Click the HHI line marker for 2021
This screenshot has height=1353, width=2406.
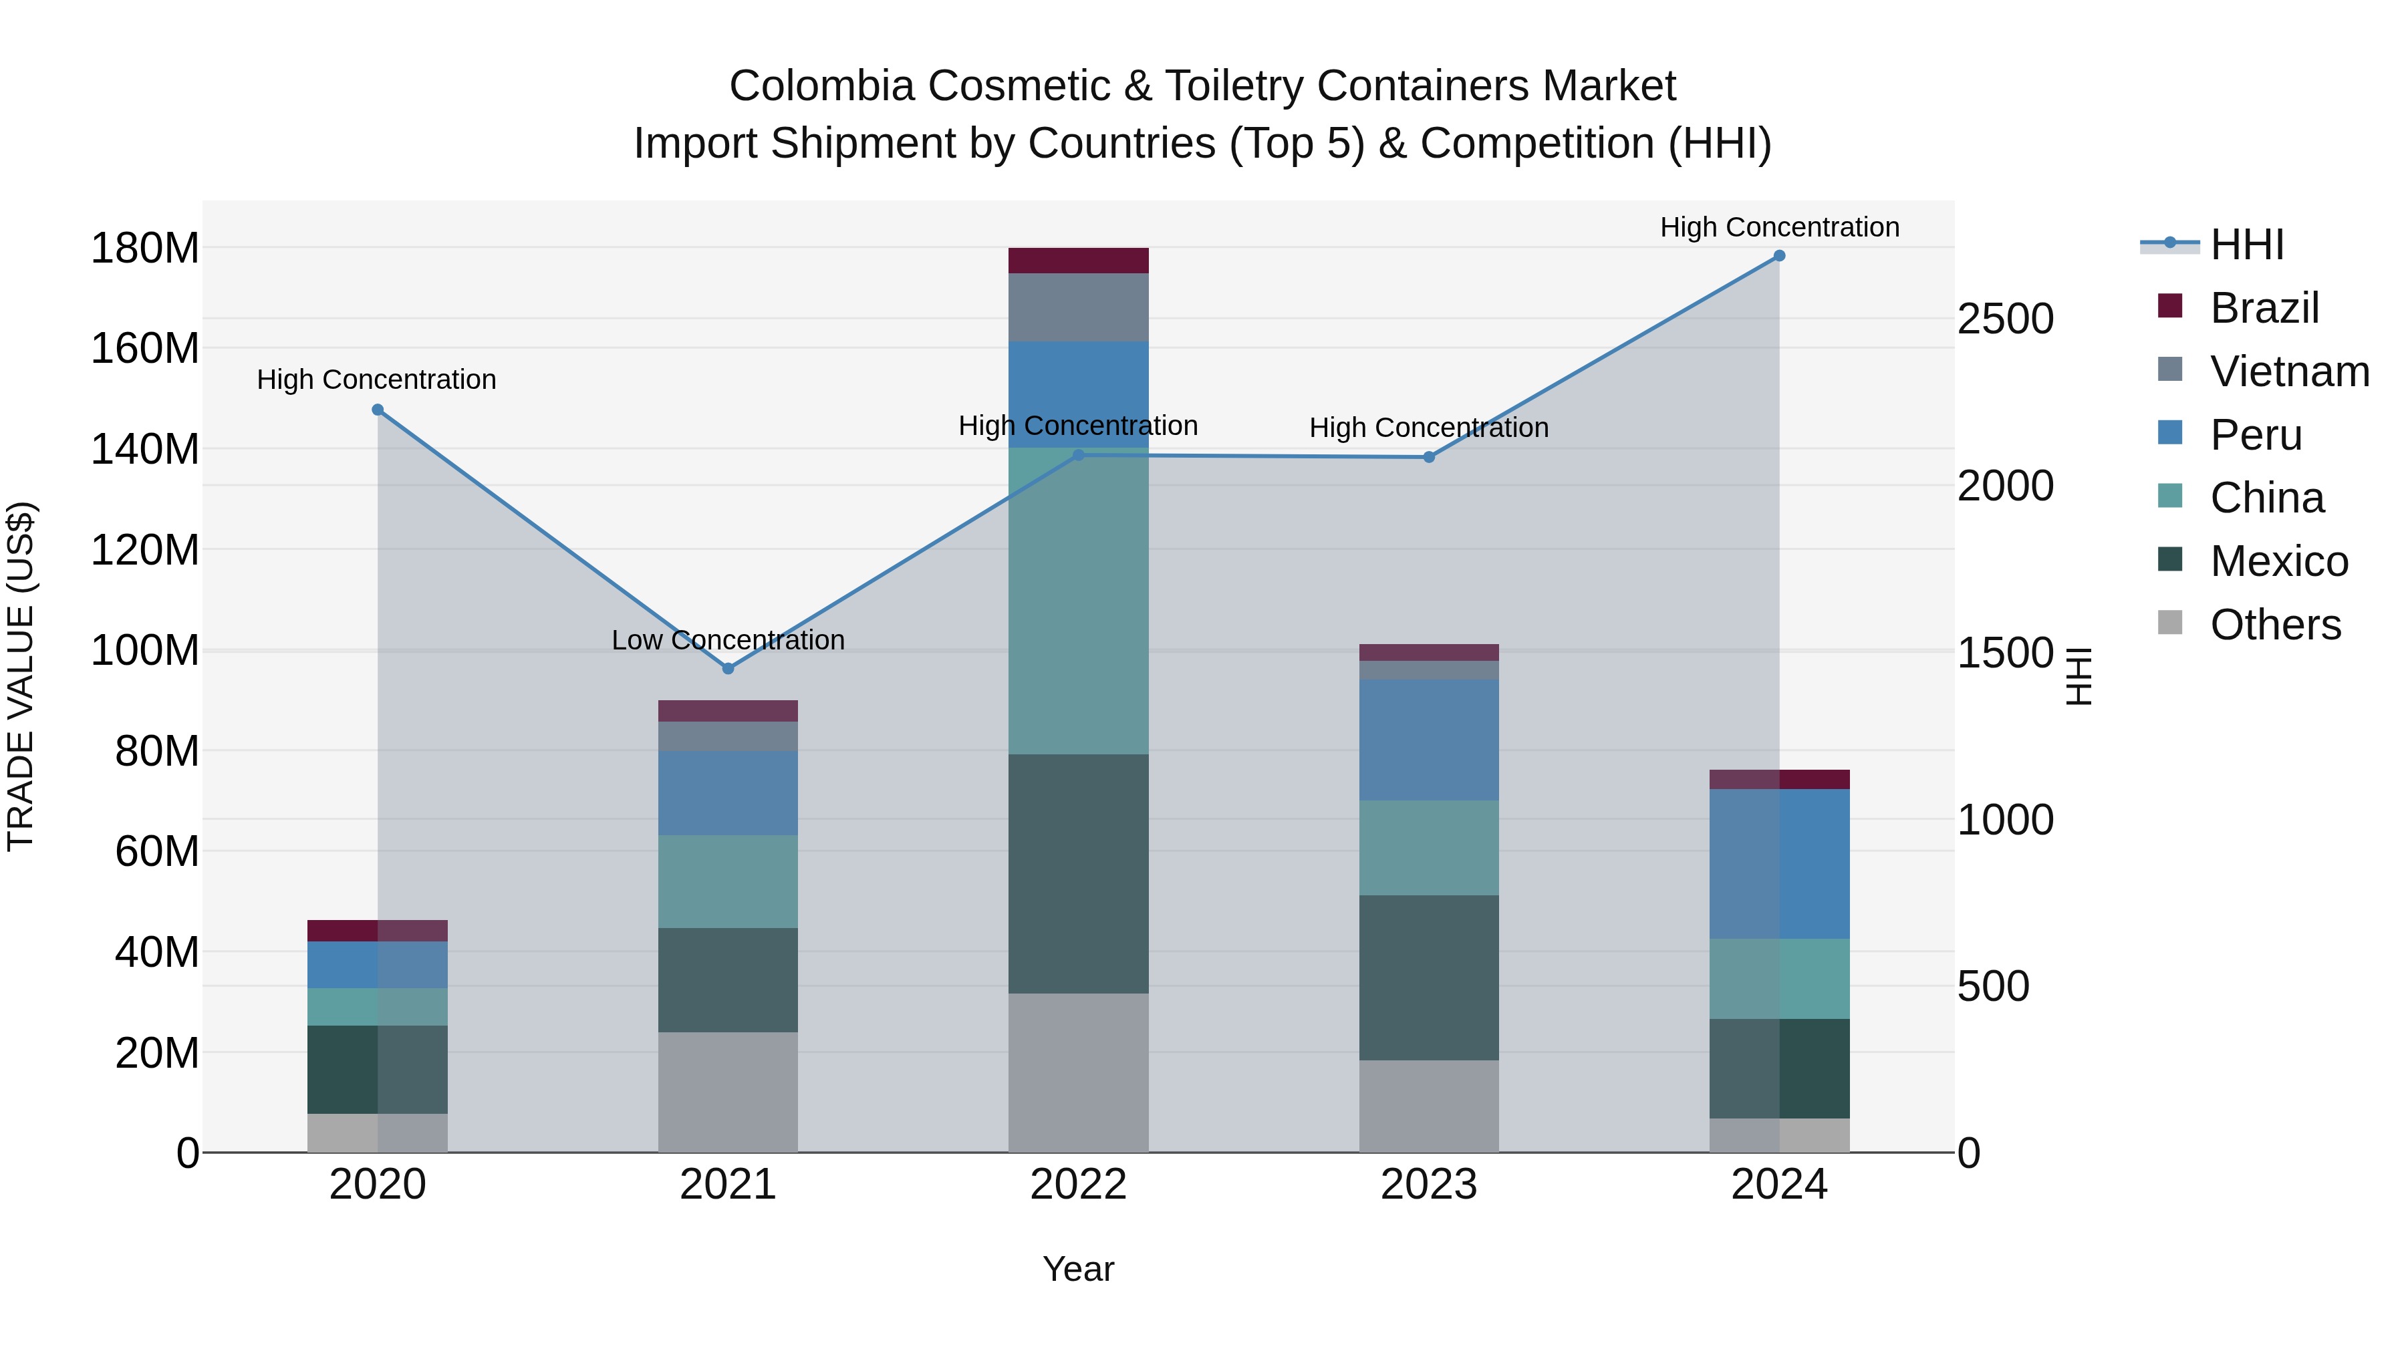click(x=728, y=669)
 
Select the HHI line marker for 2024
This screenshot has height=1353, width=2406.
click(x=1779, y=256)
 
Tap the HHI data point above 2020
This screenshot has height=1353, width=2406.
click(x=378, y=410)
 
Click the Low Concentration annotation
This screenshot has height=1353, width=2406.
click(x=728, y=641)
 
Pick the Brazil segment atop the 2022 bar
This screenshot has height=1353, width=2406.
click(x=1078, y=261)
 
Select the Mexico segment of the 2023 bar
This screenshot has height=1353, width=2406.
click(x=1428, y=978)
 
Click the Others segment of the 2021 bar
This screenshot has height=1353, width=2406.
click(x=728, y=1092)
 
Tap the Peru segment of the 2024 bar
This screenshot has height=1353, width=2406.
click(x=1779, y=864)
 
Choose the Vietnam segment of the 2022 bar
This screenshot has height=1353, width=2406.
click(x=1078, y=307)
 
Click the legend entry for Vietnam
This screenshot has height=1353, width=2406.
click(x=2288, y=371)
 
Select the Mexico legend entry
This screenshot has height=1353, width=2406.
click(x=2278, y=561)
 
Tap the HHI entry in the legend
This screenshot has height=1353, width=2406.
click(x=2246, y=245)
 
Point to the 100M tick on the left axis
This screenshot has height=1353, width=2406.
click(x=145, y=650)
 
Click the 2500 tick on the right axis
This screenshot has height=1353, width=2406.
click(x=2005, y=319)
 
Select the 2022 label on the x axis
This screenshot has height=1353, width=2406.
click(x=1078, y=1185)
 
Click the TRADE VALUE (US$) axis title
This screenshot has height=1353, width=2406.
click(x=21, y=676)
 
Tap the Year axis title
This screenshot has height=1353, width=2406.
click(x=1078, y=1269)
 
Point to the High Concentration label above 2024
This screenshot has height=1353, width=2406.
click(x=1779, y=227)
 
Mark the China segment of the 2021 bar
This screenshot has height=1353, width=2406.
click(x=728, y=881)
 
